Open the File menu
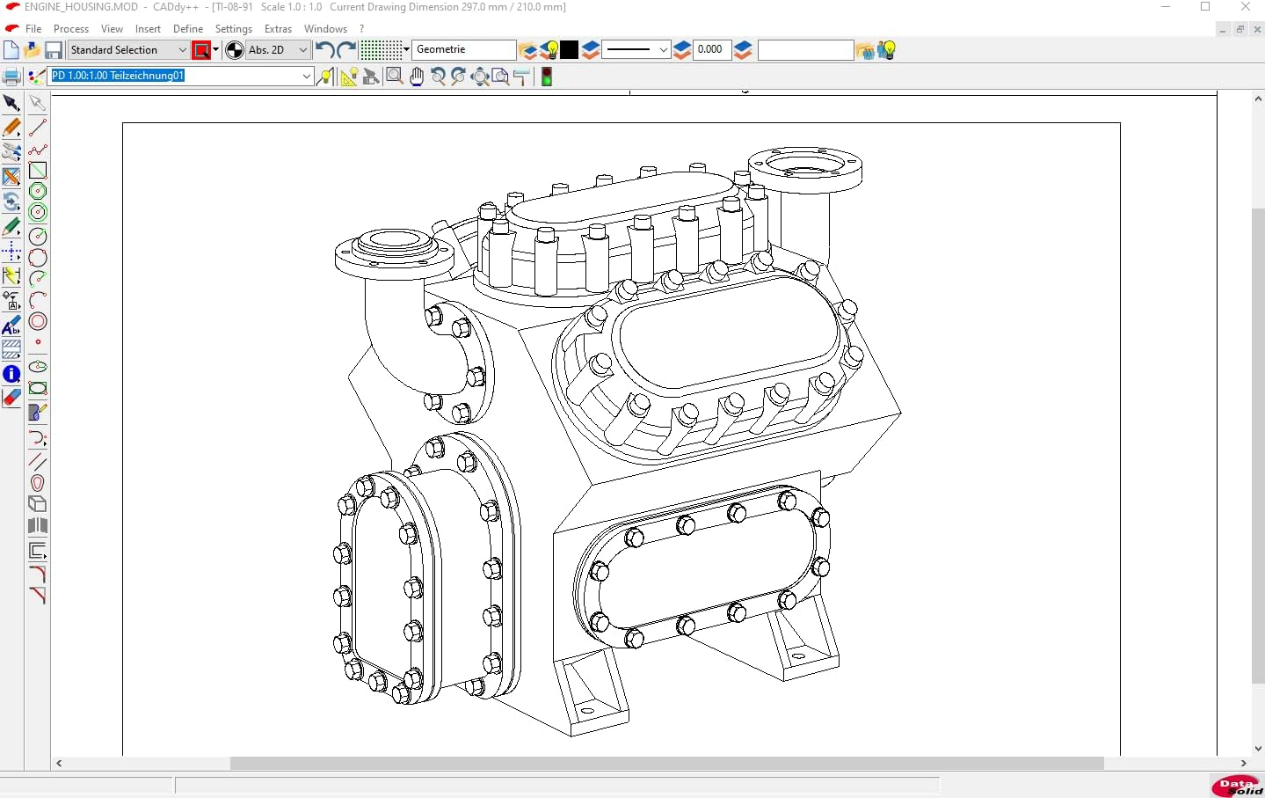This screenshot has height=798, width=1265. point(33,29)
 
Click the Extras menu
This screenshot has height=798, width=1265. point(278,29)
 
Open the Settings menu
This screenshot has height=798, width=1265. point(234,29)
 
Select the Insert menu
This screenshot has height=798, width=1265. point(148,29)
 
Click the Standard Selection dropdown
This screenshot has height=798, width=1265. point(128,50)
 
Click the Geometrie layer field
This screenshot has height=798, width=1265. point(464,50)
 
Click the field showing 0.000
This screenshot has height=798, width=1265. point(711,50)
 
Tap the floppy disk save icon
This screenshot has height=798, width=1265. point(54,50)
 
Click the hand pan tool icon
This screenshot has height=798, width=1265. point(417,77)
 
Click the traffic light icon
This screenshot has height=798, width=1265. point(547,77)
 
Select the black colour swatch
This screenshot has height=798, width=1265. point(570,50)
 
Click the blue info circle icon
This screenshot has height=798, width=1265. point(11,374)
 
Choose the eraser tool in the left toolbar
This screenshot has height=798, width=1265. point(11,398)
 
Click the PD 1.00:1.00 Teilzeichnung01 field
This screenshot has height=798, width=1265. point(176,76)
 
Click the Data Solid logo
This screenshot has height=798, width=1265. point(1237,785)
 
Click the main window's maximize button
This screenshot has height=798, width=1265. point(1205,7)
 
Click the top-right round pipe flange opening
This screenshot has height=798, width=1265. point(805,164)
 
